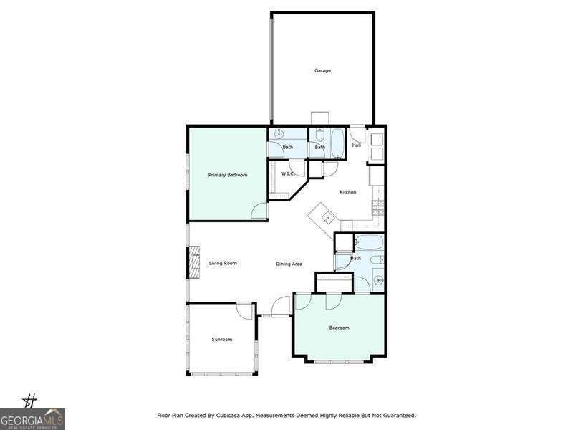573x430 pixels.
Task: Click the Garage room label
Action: pyautogui.click(x=322, y=70)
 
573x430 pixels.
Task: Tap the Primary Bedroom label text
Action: pyautogui.click(x=228, y=175)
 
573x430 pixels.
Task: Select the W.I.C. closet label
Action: pyautogui.click(x=288, y=173)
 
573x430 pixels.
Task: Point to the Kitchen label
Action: pyautogui.click(x=347, y=192)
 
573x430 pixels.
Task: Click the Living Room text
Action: pyautogui.click(x=223, y=263)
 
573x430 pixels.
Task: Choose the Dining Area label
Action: pyautogui.click(x=289, y=264)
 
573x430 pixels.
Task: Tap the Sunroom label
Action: pyautogui.click(x=221, y=339)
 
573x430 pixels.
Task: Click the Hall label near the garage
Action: pyautogui.click(x=356, y=145)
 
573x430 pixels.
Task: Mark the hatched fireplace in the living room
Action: pyautogui.click(x=193, y=263)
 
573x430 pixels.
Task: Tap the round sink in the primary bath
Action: pyautogui.click(x=279, y=134)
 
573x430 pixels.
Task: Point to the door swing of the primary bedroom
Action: pyautogui.click(x=259, y=211)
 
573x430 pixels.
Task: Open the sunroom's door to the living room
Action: pyautogui.click(x=246, y=310)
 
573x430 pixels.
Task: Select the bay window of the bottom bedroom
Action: pyautogui.click(x=340, y=360)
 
